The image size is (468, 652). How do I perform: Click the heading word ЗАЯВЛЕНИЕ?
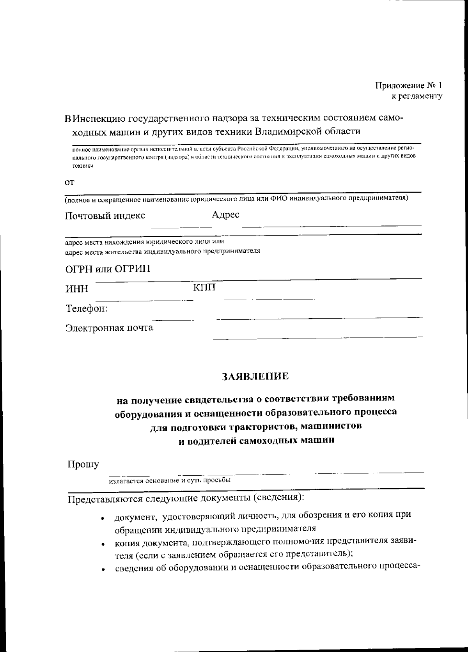pyautogui.click(x=255, y=376)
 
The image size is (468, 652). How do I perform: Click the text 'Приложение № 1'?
pyautogui.click(x=409, y=85)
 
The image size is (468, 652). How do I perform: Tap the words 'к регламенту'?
pyautogui.click(x=417, y=96)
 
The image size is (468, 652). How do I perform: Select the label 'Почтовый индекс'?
pyautogui.click(x=105, y=216)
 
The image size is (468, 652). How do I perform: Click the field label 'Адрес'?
pyautogui.click(x=225, y=214)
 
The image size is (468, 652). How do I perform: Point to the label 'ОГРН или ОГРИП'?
pyautogui.click(x=107, y=269)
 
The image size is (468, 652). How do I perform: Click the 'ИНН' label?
pyautogui.click(x=76, y=289)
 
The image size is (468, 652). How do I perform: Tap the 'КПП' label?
pyautogui.click(x=204, y=288)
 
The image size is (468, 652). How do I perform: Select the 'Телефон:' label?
pyautogui.click(x=86, y=309)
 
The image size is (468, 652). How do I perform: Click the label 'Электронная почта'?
pyautogui.click(x=109, y=328)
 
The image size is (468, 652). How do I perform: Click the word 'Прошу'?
pyautogui.click(x=83, y=464)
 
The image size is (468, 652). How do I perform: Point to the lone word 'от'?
pyautogui.click(x=69, y=182)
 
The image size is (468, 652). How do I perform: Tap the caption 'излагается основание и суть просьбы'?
pyautogui.click(x=170, y=480)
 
